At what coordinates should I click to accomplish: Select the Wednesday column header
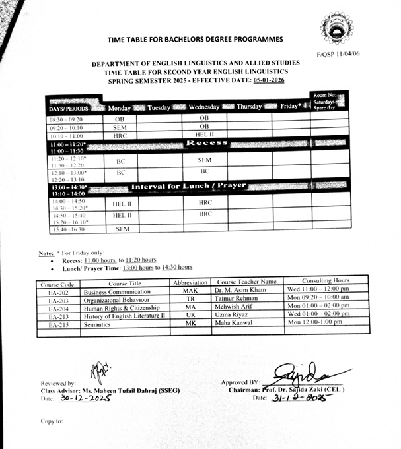click(x=204, y=107)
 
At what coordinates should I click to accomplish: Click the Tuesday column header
click(x=159, y=107)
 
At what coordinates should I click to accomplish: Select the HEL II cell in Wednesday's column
click(x=204, y=135)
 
